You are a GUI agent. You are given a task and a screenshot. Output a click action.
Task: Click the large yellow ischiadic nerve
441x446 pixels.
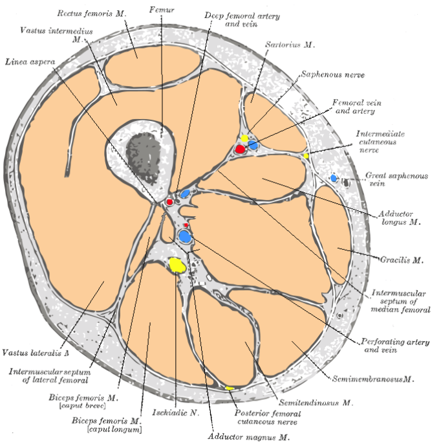177,265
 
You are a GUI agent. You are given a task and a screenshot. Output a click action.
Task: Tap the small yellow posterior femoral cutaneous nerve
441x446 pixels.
230,388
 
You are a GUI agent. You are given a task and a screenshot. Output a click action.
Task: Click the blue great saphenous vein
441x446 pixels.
334,177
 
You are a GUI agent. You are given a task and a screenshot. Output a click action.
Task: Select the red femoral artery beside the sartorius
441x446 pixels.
240,149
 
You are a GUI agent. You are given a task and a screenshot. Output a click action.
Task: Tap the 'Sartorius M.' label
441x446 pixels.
290,46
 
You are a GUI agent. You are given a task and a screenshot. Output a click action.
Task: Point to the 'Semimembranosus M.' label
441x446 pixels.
372,378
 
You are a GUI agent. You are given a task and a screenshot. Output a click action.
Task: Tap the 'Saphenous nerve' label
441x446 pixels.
333,75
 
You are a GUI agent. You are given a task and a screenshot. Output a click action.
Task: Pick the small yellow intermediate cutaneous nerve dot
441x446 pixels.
306,156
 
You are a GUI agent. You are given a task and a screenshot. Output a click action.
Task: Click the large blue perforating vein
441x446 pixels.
186,237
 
